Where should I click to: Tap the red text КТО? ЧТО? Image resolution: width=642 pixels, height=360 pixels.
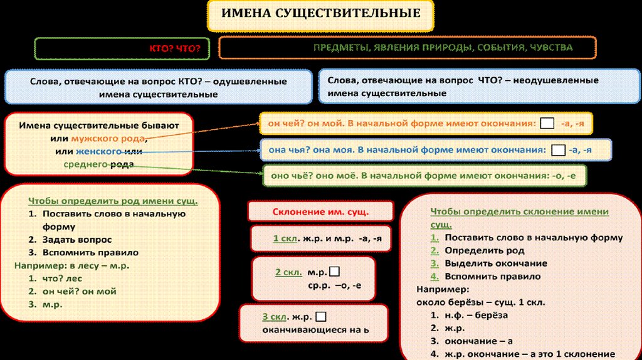pyautogui.click(x=174, y=48)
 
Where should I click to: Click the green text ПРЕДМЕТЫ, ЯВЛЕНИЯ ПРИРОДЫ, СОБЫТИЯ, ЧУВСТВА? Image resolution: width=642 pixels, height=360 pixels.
pyautogui.click(x=443, y=48)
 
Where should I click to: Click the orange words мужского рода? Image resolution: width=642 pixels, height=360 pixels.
pyautogui.click(x=108, y=138)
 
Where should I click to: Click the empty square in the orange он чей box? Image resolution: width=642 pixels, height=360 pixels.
pyautogui.click(x=547, y=124)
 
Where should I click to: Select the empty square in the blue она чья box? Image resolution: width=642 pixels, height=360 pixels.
pyautogui.click(x=557, y=151)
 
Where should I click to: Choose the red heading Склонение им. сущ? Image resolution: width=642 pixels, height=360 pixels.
pyautogui.click(x=320, y=211)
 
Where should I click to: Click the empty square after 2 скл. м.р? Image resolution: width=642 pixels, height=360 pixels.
pyautogui.click(x=334, y=272)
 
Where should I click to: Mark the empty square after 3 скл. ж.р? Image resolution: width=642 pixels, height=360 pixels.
pyautogui.click(x=321, y=316)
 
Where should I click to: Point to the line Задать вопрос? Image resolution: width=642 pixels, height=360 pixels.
pyautogui.click(x=78, y=240)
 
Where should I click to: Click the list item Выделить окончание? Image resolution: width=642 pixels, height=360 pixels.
pyautogui.click(x=495, y=263)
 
